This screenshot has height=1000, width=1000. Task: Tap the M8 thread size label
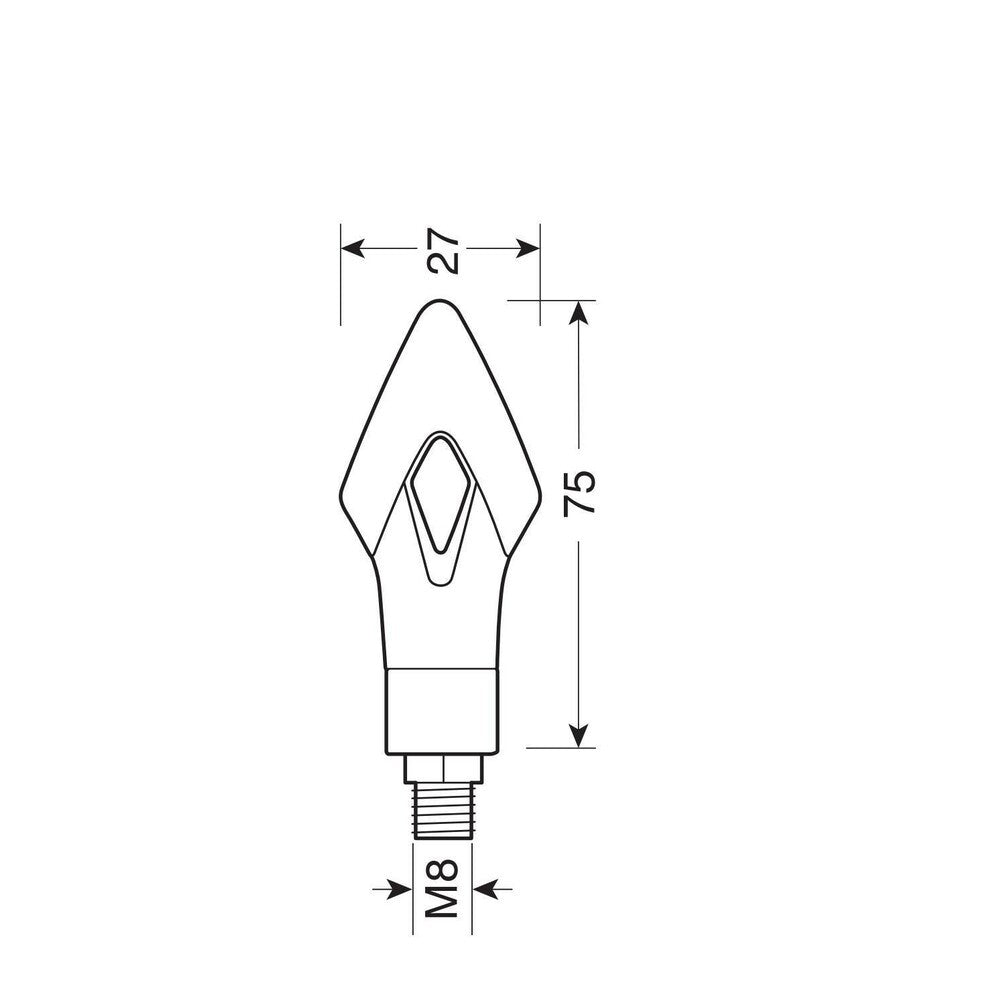point(442,888)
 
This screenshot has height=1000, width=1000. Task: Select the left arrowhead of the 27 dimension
point(353,248)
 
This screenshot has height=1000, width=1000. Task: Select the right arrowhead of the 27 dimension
point(528,248)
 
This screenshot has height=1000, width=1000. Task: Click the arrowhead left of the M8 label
point(401,888)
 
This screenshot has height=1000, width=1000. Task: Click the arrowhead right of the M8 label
point(484,888)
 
